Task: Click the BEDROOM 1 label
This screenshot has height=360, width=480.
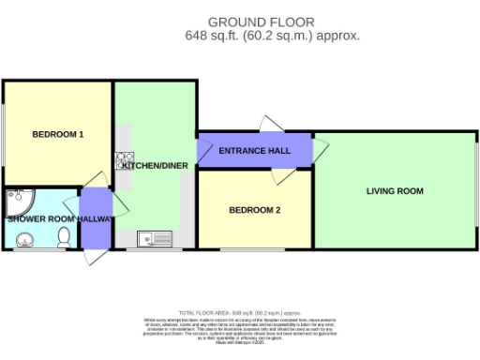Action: pyautogui.click(x=58, y=135)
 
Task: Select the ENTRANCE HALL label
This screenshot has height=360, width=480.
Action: pyautogui.click(x=253, y=152)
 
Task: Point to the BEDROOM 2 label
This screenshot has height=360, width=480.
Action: pyautogui.click(x=255, y=211)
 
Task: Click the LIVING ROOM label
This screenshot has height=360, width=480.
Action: pyautogui.click(x=395, y=191)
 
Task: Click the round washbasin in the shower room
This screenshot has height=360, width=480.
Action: pyautogui.click(x=22, y=241)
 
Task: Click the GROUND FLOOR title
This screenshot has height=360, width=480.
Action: pyautogui.click(x=261, y=22)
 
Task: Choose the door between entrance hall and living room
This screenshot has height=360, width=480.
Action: pyautogui.click(x=319, y=144)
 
